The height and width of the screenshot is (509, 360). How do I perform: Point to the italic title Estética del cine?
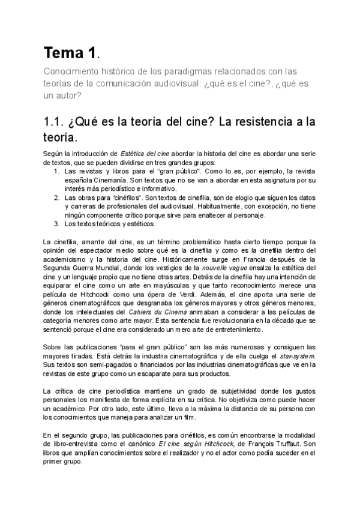144,154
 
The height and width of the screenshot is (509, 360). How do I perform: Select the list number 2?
56,196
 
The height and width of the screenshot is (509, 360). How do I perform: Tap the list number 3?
56,224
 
